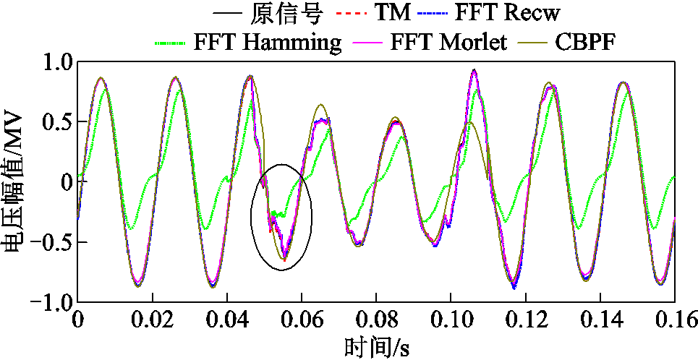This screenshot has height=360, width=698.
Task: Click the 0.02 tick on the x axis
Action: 152,320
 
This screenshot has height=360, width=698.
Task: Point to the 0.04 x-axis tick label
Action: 226,320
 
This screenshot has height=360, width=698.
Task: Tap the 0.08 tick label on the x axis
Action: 375,320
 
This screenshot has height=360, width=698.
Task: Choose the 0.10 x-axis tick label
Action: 450,320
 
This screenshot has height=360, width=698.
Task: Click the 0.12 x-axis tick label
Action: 525,320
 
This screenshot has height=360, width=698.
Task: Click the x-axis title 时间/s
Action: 376,346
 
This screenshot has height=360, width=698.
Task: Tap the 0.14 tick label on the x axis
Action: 600,320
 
